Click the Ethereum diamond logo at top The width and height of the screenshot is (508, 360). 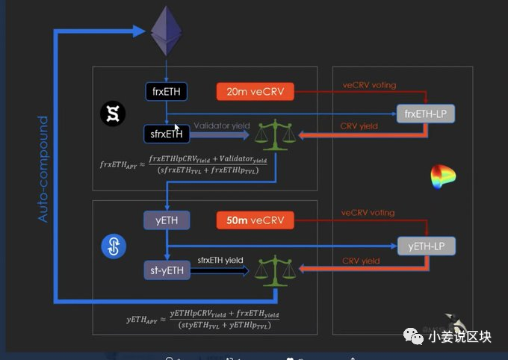[x=167, y=31]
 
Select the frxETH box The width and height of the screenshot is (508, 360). [x=167, y=92]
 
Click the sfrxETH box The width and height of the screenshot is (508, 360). [x=167, y=134]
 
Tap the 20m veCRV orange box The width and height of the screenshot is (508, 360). [x=255, y=92]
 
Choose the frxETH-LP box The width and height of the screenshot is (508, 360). [x=426, y=114]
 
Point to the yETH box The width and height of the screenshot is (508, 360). [x=167, y=220]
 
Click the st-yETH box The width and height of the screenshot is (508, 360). [x=167, y=270]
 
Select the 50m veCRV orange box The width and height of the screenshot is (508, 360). [x=255, y=220]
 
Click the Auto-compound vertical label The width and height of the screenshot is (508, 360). [x=43, y=169]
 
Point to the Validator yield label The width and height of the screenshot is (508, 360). [x=222, y=126]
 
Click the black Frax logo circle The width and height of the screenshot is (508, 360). [x=114, y=114]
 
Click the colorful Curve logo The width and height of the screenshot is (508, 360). [x=443, y=177]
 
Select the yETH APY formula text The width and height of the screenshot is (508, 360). [x=200, y=320]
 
